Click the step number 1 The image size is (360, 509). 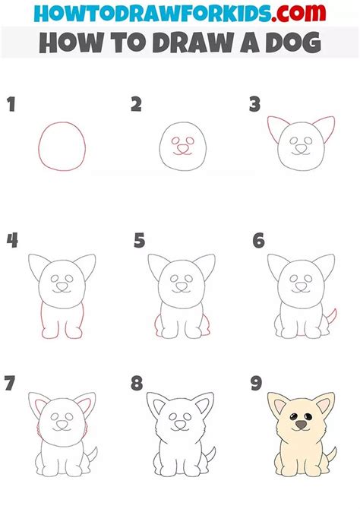(x=11, y=105)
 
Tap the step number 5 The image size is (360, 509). (x=139, y=242)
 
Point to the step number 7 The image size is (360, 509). (x=11, y=383)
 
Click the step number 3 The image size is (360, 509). (x=256, y=105)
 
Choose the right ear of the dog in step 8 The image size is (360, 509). (x=204, y=406)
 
